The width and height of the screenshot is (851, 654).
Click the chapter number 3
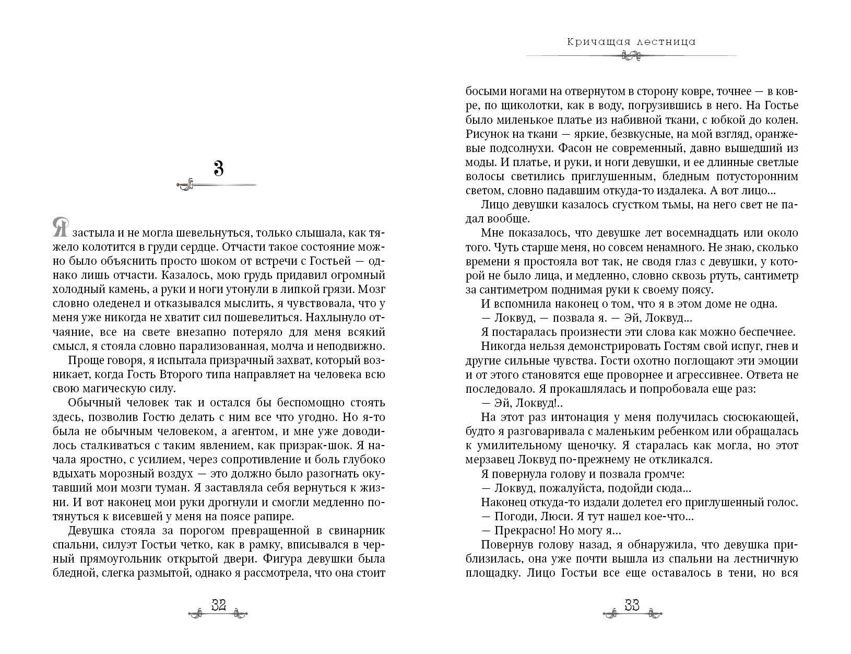coord(218,169)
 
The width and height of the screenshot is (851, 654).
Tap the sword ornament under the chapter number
coord(216,185)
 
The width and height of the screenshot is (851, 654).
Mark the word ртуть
coord(716,275)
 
